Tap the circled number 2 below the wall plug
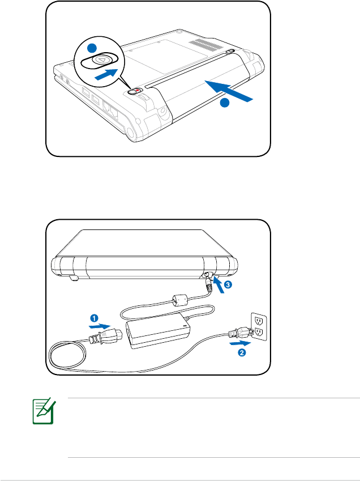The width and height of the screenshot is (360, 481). (x=242, y=352)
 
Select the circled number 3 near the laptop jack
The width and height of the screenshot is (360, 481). (x=228, y=286)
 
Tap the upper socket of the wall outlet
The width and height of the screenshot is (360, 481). (x=259, y=320)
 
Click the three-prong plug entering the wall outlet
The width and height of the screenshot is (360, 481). (x=234, y=333)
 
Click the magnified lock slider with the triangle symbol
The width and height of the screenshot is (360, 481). (x=100, y=59)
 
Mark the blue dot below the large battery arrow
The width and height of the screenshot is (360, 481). (x=225, y=103)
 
